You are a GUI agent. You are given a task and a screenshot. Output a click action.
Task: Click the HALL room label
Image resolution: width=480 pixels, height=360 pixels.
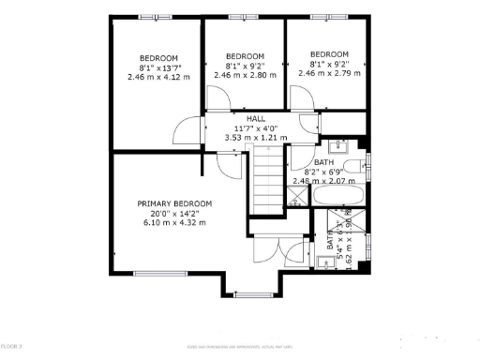[x=255, y=119]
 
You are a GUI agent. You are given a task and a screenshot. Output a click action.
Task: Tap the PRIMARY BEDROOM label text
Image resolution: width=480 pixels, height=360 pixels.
[x=174, y=203]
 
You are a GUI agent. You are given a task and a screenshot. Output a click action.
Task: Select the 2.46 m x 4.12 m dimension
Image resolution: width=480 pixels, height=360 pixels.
[x=157, y=77]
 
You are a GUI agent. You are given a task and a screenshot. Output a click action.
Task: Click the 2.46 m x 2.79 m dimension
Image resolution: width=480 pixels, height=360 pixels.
[x=329, y=72]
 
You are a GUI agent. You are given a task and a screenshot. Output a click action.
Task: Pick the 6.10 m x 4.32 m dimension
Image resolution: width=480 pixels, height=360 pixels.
[x=174, y=222]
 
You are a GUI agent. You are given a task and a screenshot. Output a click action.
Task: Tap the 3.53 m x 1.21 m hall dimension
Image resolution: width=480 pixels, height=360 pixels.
[x=255, y=138]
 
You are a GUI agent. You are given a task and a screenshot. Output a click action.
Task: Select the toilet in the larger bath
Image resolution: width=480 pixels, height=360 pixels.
[x=362, y=168]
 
